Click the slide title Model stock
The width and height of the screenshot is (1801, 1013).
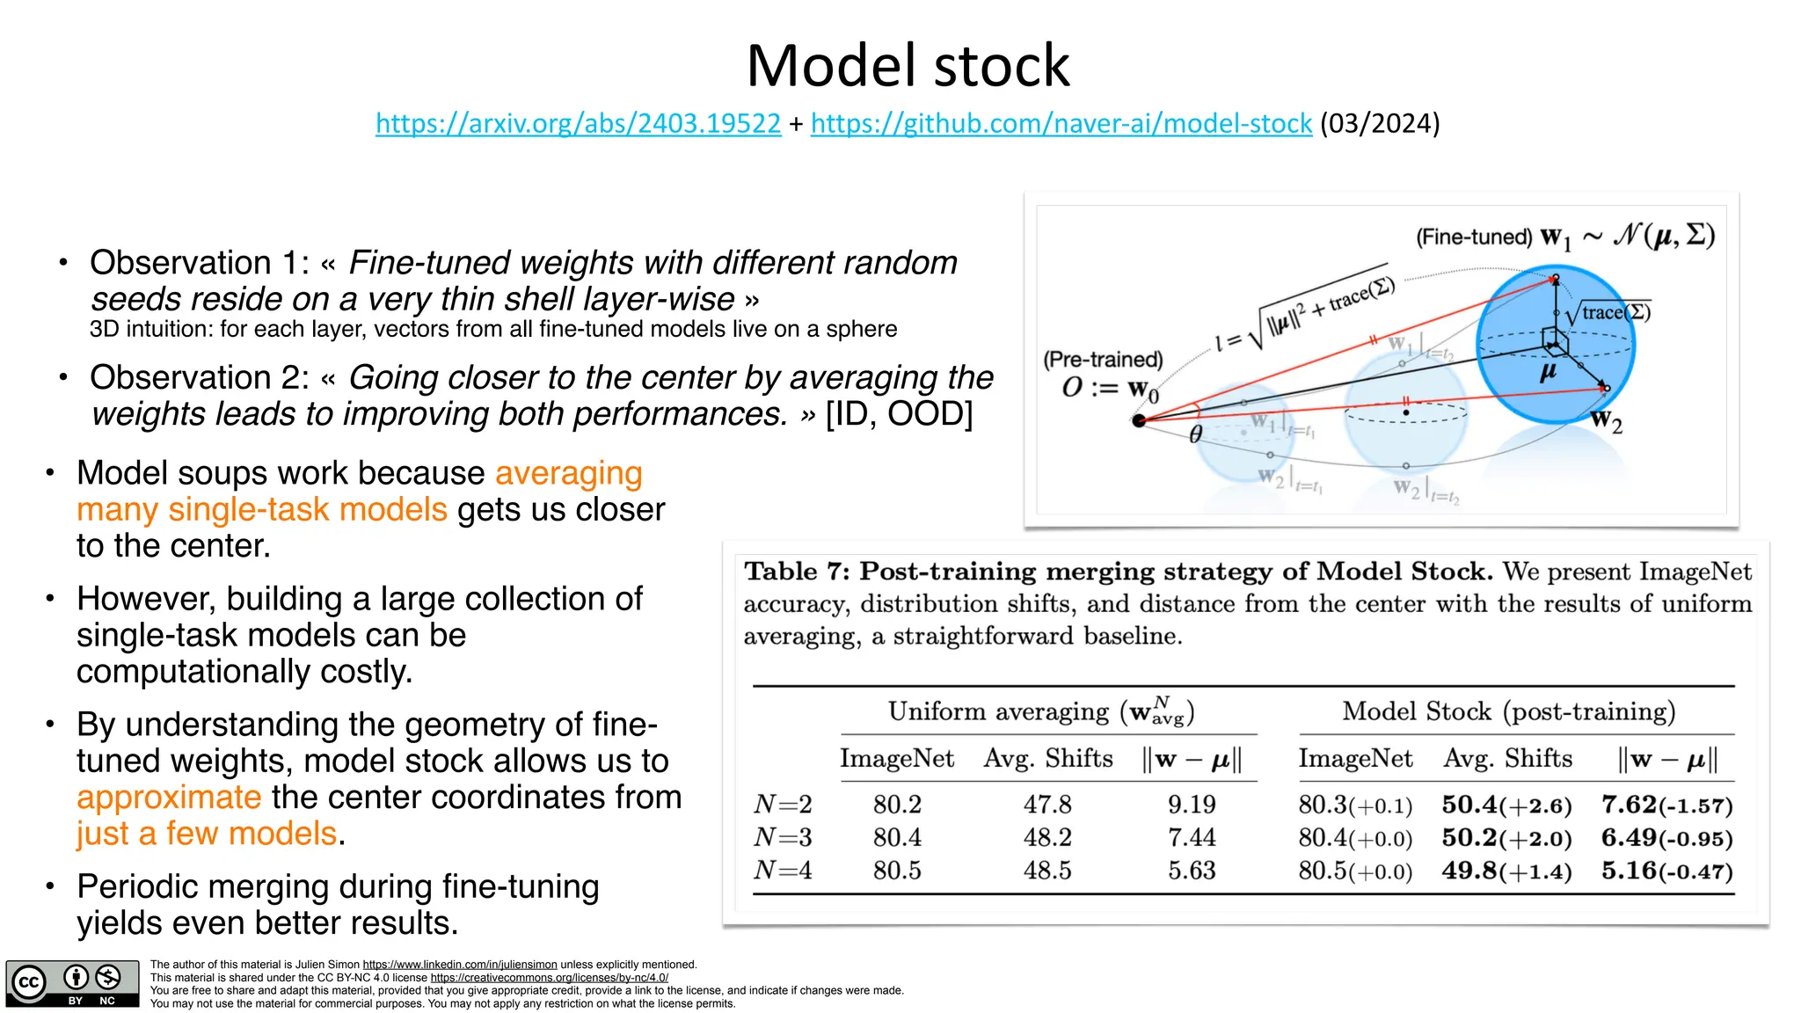pyautogui.click(x=908, y=66)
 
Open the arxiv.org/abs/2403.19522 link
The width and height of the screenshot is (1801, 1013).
pyautogui.click(x=578, y=123)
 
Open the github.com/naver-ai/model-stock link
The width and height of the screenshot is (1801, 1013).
pyautogui.click(x=1061, y=123)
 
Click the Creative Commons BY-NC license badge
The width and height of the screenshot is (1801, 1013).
pyautogui.click(x=72, y=983)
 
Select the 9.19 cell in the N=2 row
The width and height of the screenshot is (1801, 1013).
pyautogui.click(x=1192, y=805)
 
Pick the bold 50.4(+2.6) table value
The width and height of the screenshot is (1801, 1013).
pyautogui.click(x=1506, y=805)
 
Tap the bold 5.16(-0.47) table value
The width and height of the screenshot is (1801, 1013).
pyautogui.click(x=1666, y=871)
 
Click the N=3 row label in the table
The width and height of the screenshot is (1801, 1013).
pyautogui.click(x=783, y=837)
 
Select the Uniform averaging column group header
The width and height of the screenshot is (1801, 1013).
pyautogui.click(x=1041, y=711)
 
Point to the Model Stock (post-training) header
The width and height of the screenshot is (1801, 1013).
pyautogui.click(x=1508, y=711)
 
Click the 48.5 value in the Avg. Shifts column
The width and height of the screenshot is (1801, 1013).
pyautogui.click(x=1046, y=871)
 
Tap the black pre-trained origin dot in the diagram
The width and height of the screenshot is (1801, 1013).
pyautogui.click(x=1139, y=421)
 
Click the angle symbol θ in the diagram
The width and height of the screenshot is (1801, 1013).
pyautogui.click(x=1195, y=434)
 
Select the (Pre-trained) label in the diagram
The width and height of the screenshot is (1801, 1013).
pyautogui.click(x=1103, y=360)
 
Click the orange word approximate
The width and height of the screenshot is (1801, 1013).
pyautogui.click(x=169, y=798)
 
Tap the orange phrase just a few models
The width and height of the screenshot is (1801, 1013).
pyautogui.click(x=207, y=834)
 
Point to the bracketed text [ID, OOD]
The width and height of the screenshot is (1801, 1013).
pyautogui.click(x=899, y=414)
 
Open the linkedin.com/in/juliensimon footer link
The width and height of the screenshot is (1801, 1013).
pyautogui.click(x=460, y=965)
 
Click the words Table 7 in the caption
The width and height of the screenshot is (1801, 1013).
pyautogui.click(x=796, y=572)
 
